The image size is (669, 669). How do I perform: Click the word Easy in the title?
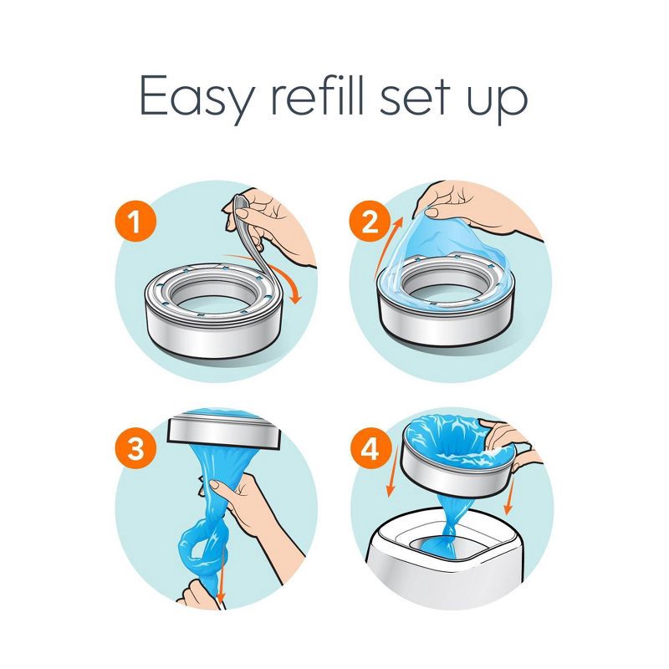pos(193,99)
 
